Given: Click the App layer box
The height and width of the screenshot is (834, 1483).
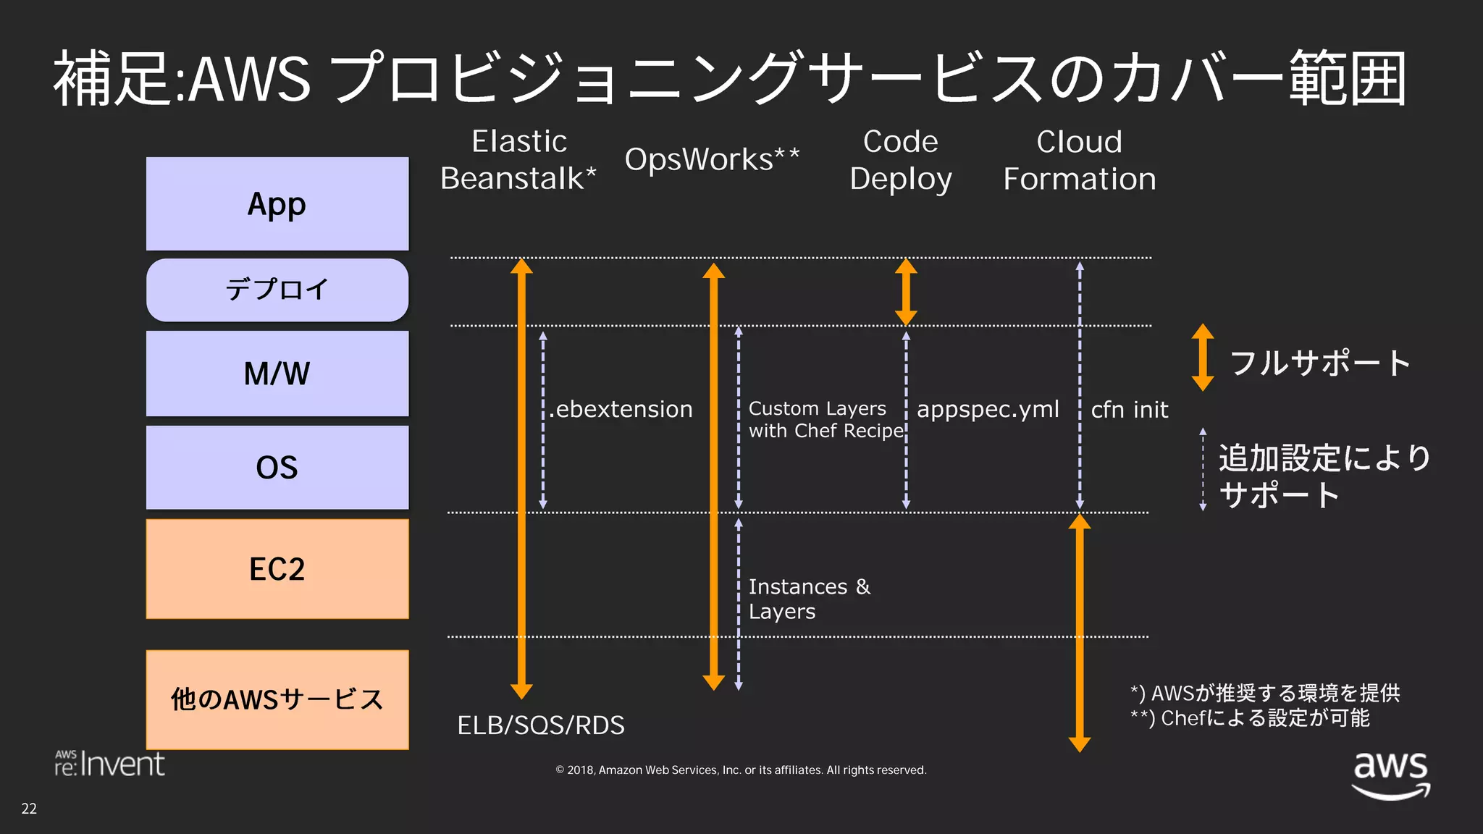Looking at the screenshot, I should click(277, 203).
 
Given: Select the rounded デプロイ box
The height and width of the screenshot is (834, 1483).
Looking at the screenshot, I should click(277, 290).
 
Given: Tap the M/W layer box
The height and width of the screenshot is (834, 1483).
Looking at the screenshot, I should click(277, 374).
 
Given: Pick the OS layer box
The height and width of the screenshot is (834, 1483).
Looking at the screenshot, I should click(277, 467).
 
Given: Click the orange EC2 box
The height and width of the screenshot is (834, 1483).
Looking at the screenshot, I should click(277, 569).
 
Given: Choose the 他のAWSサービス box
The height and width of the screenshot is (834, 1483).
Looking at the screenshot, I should click(277, 699).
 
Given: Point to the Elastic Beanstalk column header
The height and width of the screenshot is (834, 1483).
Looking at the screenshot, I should click(518, 160).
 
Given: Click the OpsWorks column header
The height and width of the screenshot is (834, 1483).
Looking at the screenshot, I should click(712, 159).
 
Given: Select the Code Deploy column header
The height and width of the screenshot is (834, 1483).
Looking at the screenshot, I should click(901, 160).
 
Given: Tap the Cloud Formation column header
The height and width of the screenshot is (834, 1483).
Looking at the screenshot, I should click(1079, 160).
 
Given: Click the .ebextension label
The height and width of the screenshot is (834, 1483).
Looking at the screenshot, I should click(621, 409).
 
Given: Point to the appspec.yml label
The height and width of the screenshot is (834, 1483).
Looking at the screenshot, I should click(988, 409).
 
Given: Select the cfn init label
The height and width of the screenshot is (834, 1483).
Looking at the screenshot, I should click(1130, 410).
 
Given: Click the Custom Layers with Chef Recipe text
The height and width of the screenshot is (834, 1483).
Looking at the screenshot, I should click(825, 419).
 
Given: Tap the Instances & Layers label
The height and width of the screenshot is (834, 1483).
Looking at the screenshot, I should click(809, 599).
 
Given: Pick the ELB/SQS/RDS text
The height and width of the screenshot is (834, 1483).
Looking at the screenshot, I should click(541, 725).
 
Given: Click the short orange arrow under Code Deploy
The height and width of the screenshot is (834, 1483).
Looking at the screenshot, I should click(906, 292).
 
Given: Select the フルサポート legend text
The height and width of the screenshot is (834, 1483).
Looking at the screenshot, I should click(1320, 362).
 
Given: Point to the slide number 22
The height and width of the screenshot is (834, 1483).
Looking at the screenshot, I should click(29, 809).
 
